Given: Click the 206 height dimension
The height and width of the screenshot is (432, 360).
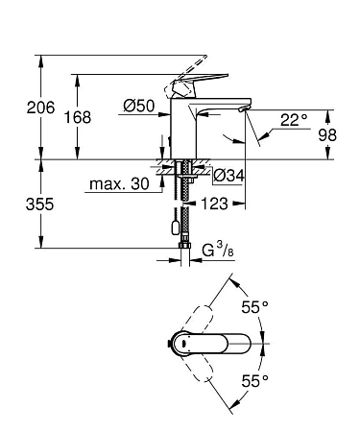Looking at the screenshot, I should (17, 108).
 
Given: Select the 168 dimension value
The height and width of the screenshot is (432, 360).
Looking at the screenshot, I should (80, 116).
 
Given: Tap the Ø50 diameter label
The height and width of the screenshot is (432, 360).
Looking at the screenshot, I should (140, 107).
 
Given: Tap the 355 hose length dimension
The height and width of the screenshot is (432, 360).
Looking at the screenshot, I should (17, 204).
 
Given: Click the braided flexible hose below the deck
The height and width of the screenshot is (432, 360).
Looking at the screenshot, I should (181, 206).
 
